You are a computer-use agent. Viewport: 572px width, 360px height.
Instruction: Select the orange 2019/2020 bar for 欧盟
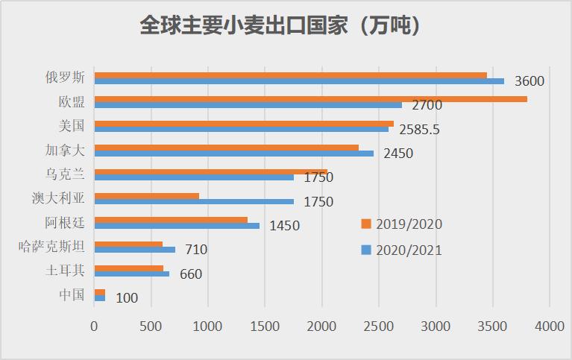[310, 99]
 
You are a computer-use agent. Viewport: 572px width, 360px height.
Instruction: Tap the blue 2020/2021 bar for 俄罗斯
[298, 81]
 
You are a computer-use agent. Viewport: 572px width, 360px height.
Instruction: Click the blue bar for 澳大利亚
[194, 201]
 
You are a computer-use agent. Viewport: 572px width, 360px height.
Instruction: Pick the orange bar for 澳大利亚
[146, 195]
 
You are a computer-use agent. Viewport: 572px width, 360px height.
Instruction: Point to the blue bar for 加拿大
[233, 154]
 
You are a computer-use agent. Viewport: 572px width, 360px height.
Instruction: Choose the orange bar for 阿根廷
[171, 220]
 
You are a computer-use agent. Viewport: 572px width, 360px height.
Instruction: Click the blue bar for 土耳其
[131, 274]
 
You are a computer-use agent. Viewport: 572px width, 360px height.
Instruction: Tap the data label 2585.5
[419, 129]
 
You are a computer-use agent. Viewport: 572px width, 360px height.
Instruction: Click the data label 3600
[529, 81]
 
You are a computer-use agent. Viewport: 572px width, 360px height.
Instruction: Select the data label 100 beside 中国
[127, 297]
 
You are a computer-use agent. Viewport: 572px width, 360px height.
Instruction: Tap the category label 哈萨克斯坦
[51, 246]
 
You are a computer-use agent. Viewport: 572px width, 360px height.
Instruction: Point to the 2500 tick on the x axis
[379, 326]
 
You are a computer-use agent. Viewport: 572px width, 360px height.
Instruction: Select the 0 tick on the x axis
[94, 326]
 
